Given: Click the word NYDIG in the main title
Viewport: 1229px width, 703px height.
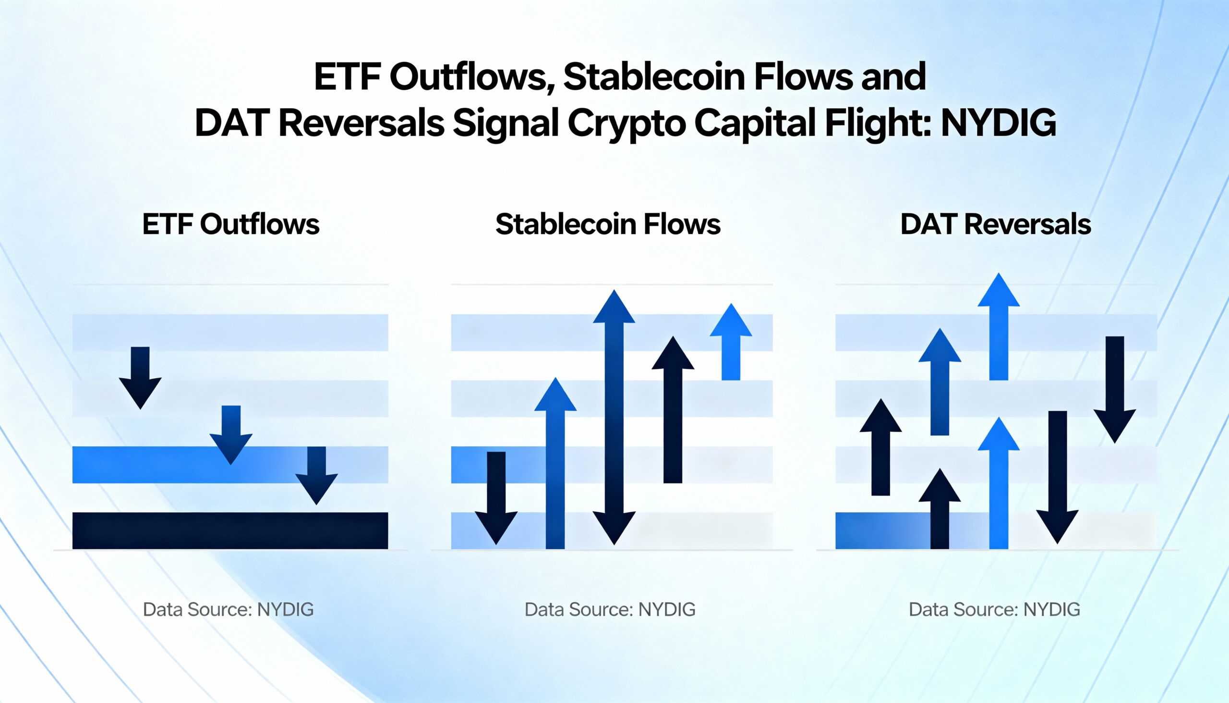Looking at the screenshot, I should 999,123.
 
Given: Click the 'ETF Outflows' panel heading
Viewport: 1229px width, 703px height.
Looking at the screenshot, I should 230,224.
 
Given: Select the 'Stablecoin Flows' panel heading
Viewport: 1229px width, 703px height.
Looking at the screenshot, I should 608,224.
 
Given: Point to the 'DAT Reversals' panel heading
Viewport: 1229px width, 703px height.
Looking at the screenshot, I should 996,224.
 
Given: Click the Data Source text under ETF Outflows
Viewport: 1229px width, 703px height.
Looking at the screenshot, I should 228,610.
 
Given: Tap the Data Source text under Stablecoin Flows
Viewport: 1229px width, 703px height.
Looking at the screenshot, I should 610,610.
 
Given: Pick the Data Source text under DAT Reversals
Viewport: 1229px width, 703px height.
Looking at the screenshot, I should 994,610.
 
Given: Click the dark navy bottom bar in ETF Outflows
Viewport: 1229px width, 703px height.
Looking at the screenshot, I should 230,530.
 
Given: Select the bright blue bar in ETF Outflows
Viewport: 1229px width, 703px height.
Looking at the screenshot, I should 145,465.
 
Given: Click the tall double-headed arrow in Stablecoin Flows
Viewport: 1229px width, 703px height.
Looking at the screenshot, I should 614,418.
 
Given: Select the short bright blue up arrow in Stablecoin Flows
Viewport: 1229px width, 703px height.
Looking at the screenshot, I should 731,343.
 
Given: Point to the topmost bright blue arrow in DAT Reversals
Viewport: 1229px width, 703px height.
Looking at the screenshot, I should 999,328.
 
